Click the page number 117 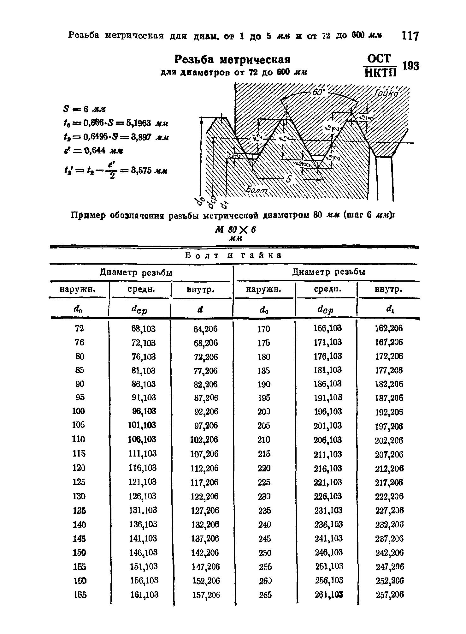410,36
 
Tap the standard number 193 411,66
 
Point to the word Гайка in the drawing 387,94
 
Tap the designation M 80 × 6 235,230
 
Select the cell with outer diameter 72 80,328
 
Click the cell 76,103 144,356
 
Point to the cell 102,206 204,440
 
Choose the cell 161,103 144,595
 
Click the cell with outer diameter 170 264,329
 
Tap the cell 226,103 328,496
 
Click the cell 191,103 328,397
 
